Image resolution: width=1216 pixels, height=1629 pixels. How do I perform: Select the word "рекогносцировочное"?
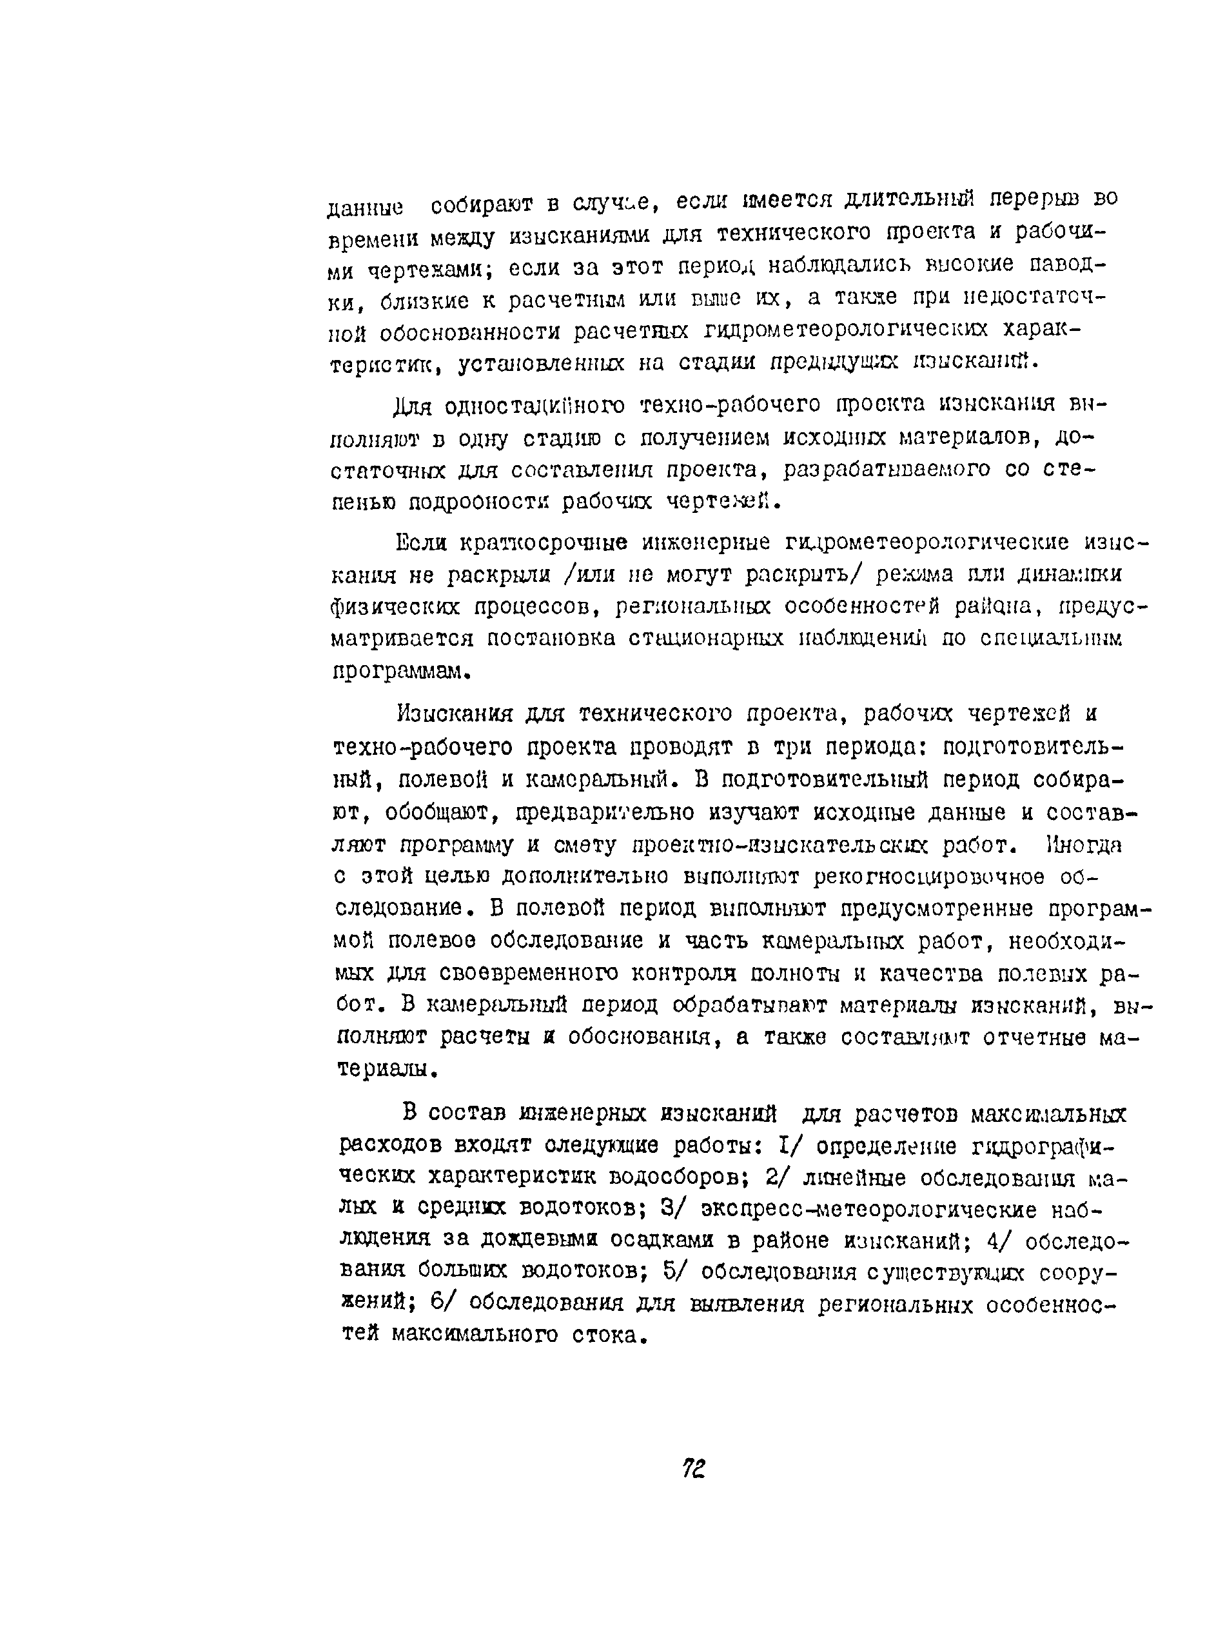928,877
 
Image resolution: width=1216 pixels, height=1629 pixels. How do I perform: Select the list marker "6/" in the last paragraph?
445,1303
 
